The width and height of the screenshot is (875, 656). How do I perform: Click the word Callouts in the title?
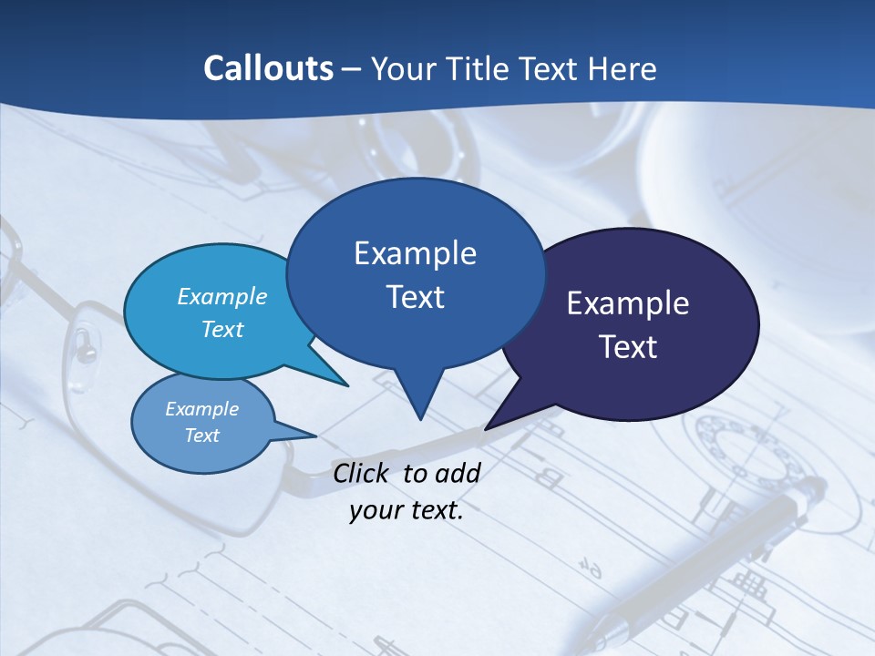click(268, 68)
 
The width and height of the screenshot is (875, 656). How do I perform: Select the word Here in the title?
click(619, 68)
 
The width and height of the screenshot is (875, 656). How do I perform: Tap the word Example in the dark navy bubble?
click(628, 303)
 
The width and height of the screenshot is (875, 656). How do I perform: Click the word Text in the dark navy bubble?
click(628, 347)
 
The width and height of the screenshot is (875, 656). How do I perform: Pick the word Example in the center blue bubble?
click(415, 253)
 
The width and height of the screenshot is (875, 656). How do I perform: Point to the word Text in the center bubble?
click(415, 297)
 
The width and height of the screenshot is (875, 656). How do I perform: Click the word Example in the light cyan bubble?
click(222, 296)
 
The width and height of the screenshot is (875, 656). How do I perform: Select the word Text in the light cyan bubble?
click(222, 329)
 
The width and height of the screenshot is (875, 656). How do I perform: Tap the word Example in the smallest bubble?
click(201, 409)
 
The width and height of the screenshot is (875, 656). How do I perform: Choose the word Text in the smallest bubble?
click(201, 436)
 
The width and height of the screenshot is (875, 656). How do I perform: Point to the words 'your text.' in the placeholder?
click(407, 511)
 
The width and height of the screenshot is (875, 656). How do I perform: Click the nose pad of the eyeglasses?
click(84, 344)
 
